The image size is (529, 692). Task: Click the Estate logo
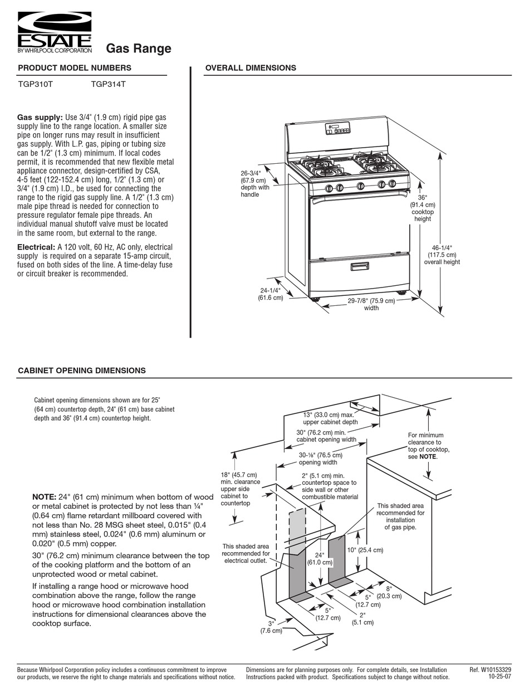click(x=55, y=33)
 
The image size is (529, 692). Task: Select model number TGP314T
click(x=108, y=85)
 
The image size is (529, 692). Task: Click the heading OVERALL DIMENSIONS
click(x=251, y=68)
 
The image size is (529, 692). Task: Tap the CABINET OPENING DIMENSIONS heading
click(x=82, y=371)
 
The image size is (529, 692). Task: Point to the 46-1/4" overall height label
click(x=442, y=255)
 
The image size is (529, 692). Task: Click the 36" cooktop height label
click(x=423, y=208)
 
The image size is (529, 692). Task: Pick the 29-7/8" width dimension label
click(x=371, y=304)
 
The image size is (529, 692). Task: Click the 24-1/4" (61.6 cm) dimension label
click(x=271, y=294)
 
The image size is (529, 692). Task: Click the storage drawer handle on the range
click(x=359, y=267)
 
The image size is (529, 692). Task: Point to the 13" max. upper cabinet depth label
click(x=330, y=418)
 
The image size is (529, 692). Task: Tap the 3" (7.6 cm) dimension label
click(x=271, y=627)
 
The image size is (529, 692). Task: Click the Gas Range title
click(x=139, y=49)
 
